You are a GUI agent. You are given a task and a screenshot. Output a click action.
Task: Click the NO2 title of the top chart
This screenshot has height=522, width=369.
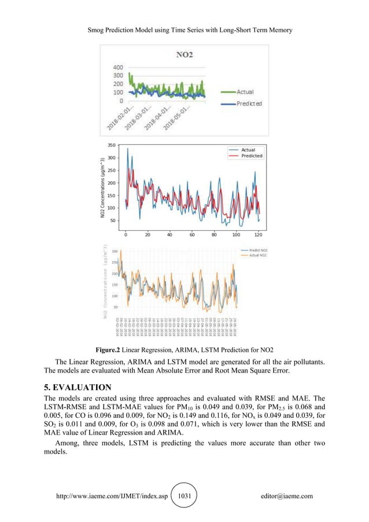pos(184,56)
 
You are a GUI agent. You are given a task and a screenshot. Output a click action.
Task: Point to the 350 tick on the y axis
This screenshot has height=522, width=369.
pos(110,145)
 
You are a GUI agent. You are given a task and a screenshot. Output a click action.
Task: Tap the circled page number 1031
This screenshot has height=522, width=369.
pos(184,496)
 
